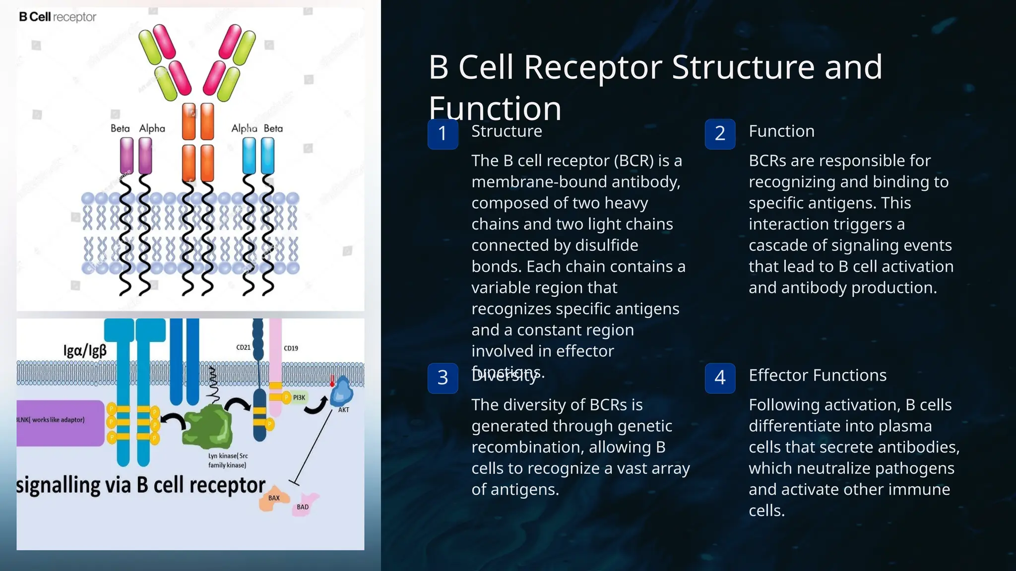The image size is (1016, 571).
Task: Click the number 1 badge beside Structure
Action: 443,134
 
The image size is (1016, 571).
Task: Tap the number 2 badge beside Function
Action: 720,134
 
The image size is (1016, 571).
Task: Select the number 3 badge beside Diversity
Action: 443,378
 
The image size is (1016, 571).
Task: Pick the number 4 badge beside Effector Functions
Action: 720,378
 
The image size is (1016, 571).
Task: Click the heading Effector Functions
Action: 817,375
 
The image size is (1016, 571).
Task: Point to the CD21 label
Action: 243,347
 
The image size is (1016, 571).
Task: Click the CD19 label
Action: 291,348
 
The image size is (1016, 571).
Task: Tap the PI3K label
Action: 299,398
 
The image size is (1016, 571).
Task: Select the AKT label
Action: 343,410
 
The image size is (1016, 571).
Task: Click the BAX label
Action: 274,498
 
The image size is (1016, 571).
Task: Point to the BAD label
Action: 303,507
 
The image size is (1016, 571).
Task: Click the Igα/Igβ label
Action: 85,350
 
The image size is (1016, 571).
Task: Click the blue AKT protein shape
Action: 341,392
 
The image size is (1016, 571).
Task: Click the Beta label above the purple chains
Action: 120,128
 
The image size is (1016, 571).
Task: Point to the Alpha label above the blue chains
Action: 244,128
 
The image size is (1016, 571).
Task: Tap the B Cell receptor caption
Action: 58,17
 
